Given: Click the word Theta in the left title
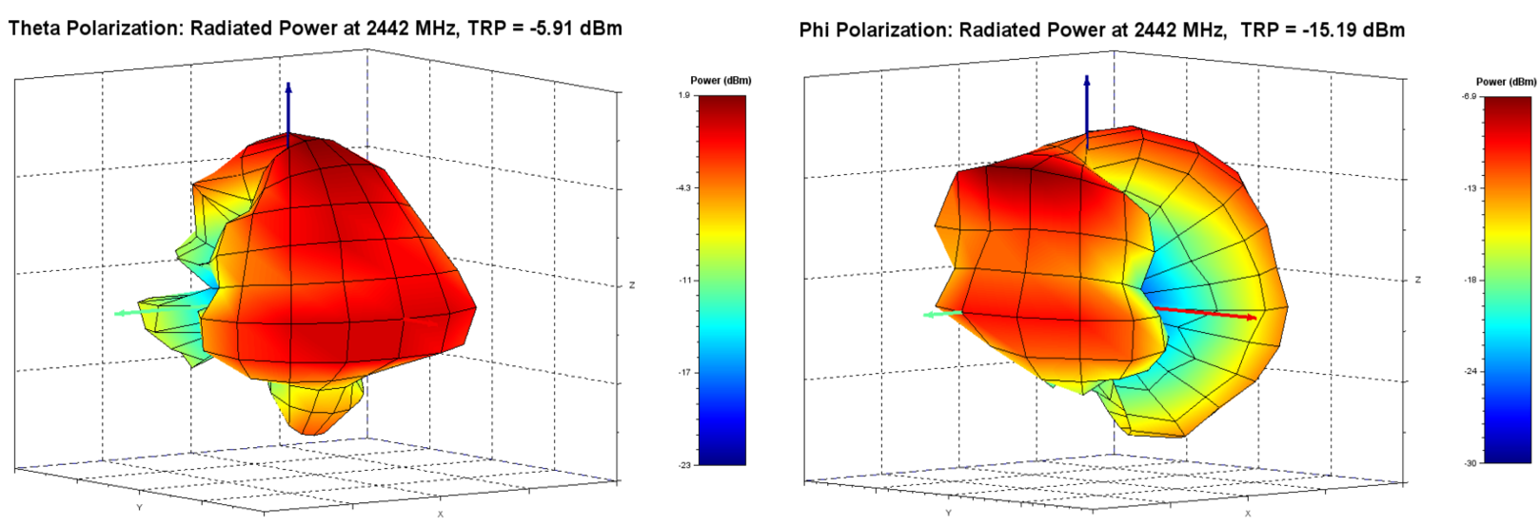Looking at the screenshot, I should [x=34, y=29].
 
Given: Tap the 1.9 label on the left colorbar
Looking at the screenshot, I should [x=684, y=95].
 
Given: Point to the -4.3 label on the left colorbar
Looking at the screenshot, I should [x=682, y=188].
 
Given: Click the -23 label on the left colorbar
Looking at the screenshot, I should [x=683, y=464].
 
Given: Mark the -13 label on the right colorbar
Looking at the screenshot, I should [x=1470, y=188].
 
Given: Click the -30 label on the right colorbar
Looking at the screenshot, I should [x=1470, y=463].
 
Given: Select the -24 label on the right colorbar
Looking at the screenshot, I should [x=1470, y=371].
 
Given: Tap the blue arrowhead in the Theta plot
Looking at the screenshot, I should [x=288, y=88].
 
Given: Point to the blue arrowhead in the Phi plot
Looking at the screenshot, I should [x=1086, y=81].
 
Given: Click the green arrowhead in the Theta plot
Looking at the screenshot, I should [x=120, y=313].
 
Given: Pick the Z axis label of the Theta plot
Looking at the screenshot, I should [x=632, y=285].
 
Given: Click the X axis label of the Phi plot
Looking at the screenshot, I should [x=1248, y=514].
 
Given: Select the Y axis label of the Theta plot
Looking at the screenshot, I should [x=140, y=507].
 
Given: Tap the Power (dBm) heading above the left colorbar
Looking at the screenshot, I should [x=721, y=81].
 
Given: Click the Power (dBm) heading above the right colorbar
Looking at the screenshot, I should [x=1506, y=82].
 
